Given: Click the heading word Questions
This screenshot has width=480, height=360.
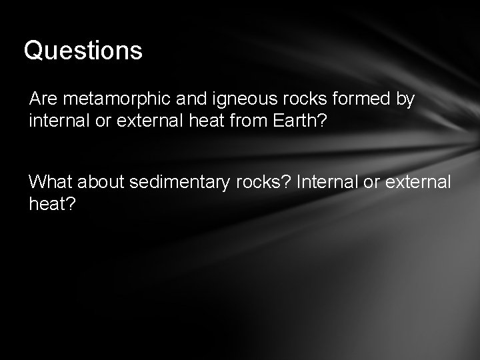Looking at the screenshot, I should tap(83, 51).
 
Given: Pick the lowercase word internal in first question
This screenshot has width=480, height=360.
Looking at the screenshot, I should tap(56, 122).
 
